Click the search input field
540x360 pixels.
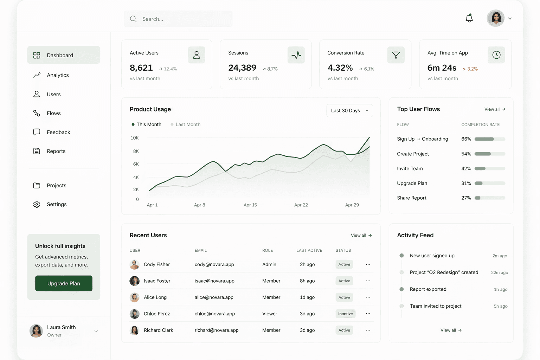[178, 19]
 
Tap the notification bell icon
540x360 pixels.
[469, 18]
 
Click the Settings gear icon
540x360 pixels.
[37, 204]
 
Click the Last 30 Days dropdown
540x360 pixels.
[349, 110]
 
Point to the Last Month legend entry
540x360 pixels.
[185, 124]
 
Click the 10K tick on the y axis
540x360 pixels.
[135, 138]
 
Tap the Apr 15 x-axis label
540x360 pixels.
[250, 205]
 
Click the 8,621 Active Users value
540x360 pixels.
[141, 68]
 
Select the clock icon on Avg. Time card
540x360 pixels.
[496, 55]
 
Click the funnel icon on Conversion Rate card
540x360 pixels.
[396, 55]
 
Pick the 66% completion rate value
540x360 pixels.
[466, 139]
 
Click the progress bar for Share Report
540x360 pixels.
[490, 198]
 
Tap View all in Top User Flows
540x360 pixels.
[495, 109]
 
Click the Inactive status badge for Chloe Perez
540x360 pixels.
[345, 314]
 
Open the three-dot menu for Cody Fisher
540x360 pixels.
[368, 264]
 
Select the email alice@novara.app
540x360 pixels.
[214, 297]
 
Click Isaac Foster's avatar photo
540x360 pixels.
[135, 281]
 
